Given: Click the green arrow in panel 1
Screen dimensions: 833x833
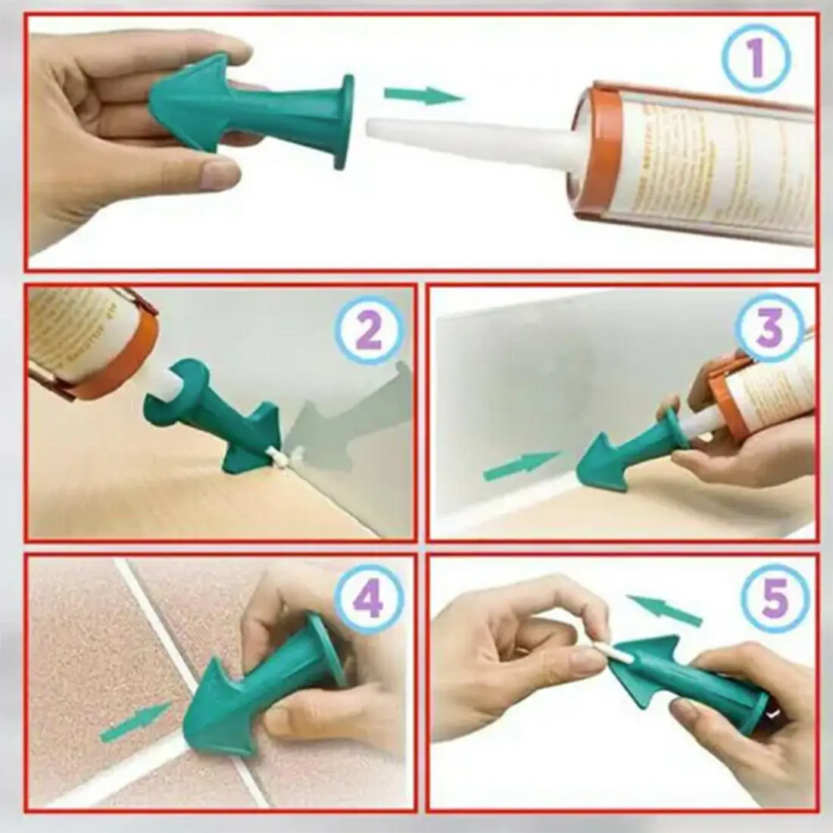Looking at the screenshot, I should [423, 95].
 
